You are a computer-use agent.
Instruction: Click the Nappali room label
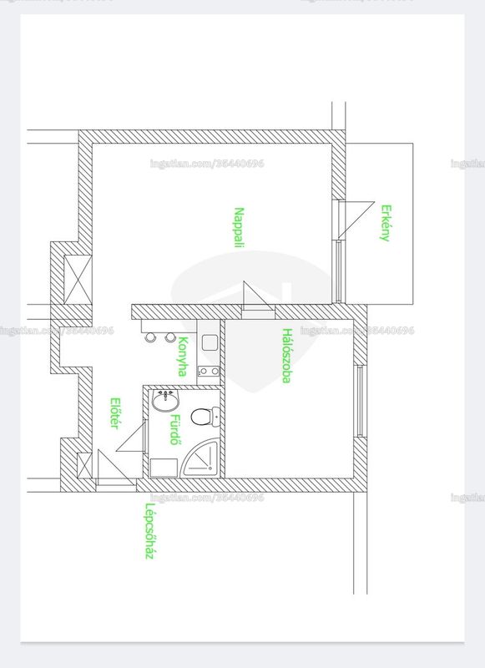(x=240, y=227)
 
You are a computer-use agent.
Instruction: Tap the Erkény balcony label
(x=386, y=223)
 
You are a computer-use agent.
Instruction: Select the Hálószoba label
(x=287, y=356)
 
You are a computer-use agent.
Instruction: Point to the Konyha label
(x=183, y=357)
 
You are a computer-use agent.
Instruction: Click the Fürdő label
(x=174, y=429)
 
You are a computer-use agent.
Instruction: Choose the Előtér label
(x=114, y=412)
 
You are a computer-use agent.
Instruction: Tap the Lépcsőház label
(x=149, y=531)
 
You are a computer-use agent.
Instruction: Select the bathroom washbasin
(x=166, y=401)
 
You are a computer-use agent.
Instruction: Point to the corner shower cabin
(x=200, y=460)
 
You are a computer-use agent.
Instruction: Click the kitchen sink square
(x=210, y=342)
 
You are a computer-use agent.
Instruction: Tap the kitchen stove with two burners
(x=209, y=372)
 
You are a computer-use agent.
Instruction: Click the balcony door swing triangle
(x=356, y=220)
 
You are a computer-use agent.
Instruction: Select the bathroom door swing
(x=132, y=435)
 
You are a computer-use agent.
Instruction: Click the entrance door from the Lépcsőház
(x=116, y=468)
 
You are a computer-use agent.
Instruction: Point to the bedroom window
(x=360, y=401)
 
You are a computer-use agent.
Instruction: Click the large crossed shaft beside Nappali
(x=78, y=280)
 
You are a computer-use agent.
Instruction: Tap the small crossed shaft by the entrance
(x=84, y=465)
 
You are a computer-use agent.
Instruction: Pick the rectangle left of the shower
(x=164, y=468)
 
